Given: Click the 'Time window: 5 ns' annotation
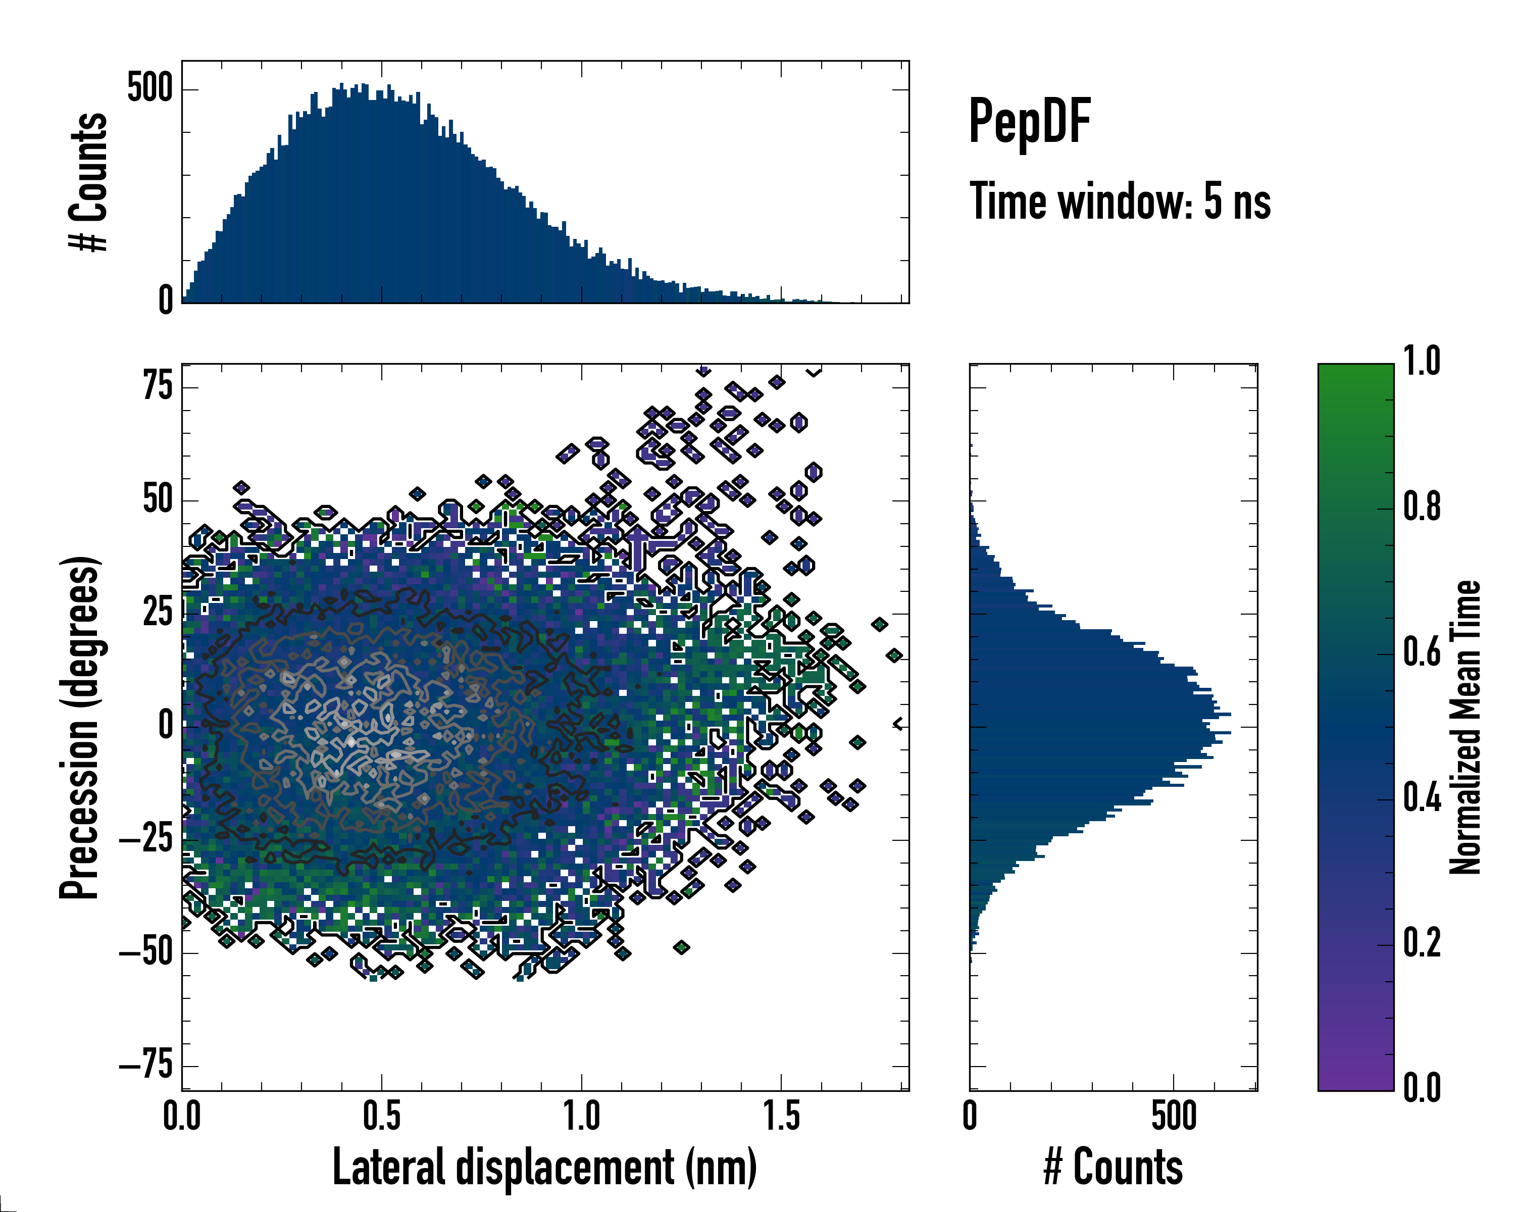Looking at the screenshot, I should pyautogui.click(x=1120, y=201).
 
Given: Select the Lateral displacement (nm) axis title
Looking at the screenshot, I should pyautogui.click(x=544, y=1167).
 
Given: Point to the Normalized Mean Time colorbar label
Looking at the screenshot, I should pyautogui.click(x=1464, y=727).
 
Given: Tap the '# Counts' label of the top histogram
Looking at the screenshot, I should pyautogui.click(x=88, y=182).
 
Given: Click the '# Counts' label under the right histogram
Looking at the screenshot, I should pyautogui.click(x=1113, y=1167).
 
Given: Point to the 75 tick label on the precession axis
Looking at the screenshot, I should pyautogui.click(x=158, y=386).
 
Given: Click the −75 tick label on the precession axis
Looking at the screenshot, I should pyautogui.click(x=146, y=1067).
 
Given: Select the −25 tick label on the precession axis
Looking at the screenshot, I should pyautogui.click(x=146, y=840).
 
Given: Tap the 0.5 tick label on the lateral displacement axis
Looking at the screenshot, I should pyautogui.click(x=382, y=1117).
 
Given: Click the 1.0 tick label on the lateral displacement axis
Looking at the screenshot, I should pyautogui.click(x=582, y=1117).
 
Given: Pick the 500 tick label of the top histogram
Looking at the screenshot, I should pyautogui.click(x=149, y=89).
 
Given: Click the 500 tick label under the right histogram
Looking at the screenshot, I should pyautogui.click(x=1174, y=1117).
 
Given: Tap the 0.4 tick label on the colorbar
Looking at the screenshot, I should pyautogui.click(x=1422, y=798).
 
